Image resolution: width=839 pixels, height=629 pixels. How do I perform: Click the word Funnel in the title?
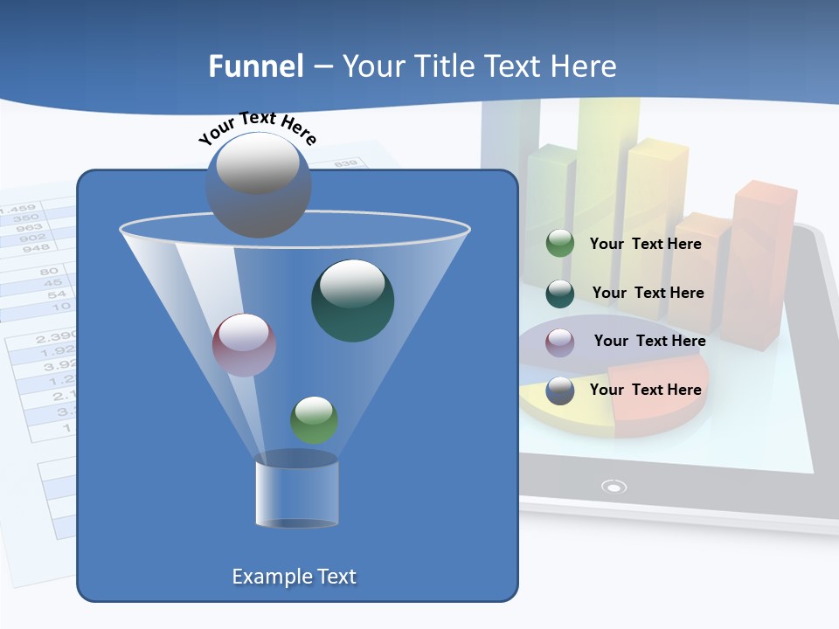tap(255, 66)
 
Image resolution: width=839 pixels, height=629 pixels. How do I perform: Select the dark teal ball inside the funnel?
tap(352, 301)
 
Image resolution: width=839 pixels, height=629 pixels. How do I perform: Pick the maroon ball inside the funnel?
tap(244, 345)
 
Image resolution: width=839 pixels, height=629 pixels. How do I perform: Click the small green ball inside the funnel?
tap(314, 419)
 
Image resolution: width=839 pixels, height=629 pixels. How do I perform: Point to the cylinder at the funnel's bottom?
tap(296, 491)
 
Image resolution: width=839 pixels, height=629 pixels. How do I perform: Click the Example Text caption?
tap(294, 577)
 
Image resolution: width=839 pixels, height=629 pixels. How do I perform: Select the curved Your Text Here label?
tap(257, 127)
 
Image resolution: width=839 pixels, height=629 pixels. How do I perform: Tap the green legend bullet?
tap(560, 244)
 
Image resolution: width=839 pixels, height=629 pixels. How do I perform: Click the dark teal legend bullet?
tap(560, 294)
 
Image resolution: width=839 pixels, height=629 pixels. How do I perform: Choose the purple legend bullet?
tap(560, 342)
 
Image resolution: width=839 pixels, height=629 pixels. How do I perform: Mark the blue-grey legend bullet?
tap(560, 391)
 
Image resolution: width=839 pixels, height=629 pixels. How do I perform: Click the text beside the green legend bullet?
tap(645, 244)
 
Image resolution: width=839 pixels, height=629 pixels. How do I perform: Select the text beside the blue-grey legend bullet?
tap(645, 390)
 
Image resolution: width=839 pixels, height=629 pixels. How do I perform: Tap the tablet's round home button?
tap(614, 487)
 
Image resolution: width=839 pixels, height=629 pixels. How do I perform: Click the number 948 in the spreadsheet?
tap(36, 248)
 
